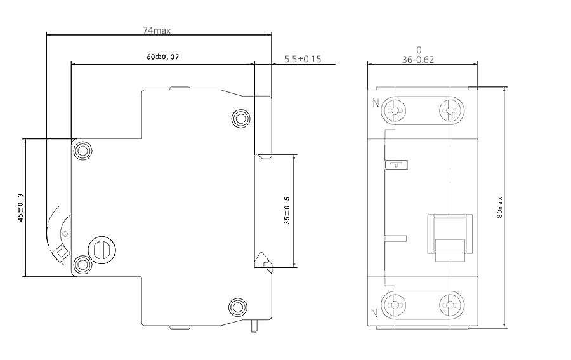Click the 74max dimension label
pos(157,30)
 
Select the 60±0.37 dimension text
pos(163,57)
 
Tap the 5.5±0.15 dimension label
pos(303,59)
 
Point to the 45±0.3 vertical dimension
pos(20,208)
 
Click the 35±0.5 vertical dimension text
pos(287,211)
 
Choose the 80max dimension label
pos(499,208)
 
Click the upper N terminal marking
pos(376,103)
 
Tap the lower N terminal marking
pos(374,312)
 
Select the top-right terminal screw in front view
pos(452,110)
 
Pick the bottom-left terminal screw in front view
pos(393,305)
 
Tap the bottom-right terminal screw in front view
pos(452,305)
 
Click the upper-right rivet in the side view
pos(240,118)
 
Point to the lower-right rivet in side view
pos(238,307)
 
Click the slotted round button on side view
pos(102,250)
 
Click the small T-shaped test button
pos(397,164)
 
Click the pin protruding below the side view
pos(254,326)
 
